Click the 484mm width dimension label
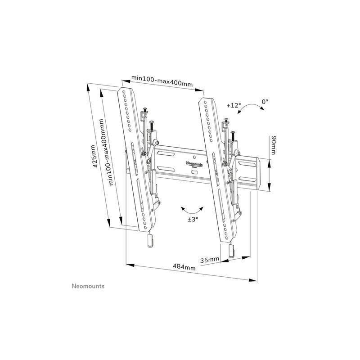pos(184,267)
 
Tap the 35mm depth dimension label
pos(210,260)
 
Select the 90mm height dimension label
pos(274,145)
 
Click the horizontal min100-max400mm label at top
pos(162,81)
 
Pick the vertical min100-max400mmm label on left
pos(106,152)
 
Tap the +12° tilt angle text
pos(234,105)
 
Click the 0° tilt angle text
pos(265,102)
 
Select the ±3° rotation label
pos(193,219)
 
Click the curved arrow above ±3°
pos(192,209)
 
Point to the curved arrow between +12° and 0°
pos(251,108)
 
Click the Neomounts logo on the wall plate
pos(194,164)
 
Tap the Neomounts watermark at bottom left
pos(88,286)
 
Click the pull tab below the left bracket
pos(150,241)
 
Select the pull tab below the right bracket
pos(231,251)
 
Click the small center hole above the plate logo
pos(194,157)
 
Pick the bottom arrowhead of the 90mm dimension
pos(269,187)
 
